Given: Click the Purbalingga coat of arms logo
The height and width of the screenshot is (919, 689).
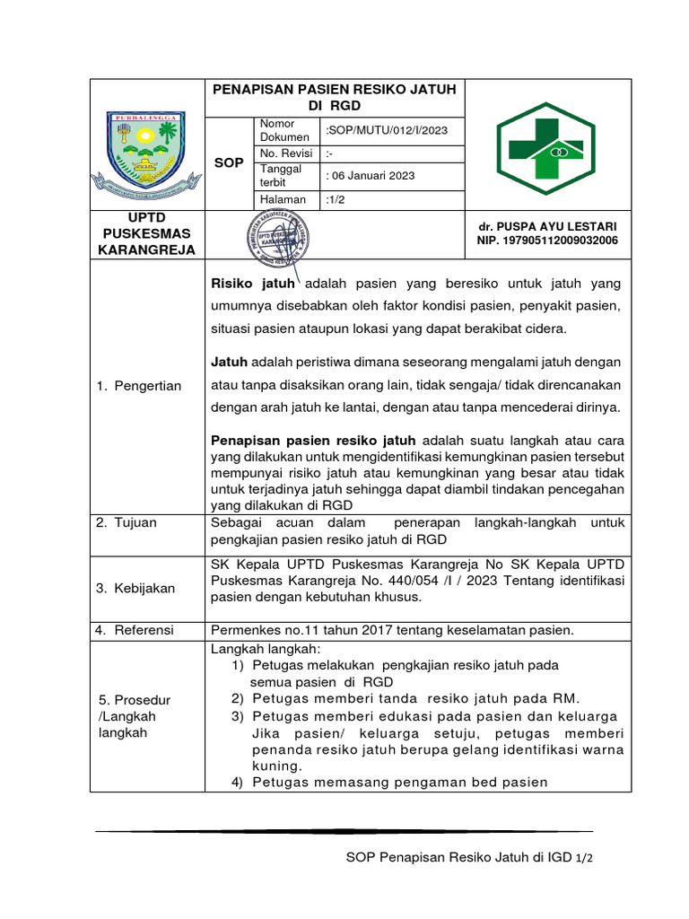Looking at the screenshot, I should [x=147, y=153].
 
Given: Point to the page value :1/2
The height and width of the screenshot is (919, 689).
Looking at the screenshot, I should [x=339, y=199].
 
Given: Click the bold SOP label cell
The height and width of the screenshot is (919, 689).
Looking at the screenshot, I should [x=228, y=162].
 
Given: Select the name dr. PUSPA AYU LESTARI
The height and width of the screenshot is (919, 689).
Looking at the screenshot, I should [x=547, y=226].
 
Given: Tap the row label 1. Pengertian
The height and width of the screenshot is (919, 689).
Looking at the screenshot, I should [x=140, y=386].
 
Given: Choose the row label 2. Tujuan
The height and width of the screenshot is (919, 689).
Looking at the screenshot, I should [x=126, y=522].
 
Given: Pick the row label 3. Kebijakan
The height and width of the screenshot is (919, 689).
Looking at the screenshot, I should [x=136, y=588].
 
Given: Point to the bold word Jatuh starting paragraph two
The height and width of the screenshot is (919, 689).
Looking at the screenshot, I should [x=229, y=362].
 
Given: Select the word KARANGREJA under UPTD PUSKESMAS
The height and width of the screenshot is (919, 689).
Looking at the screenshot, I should [x=147, y=249].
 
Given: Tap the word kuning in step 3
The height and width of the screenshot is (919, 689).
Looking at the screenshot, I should [x=277, y=766].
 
